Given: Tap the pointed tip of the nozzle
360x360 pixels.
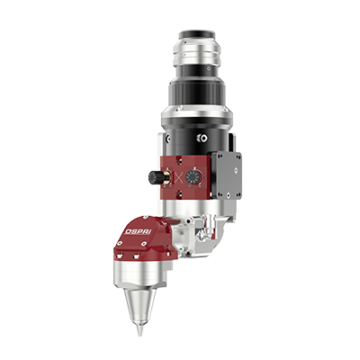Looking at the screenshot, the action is [x=139, y=336].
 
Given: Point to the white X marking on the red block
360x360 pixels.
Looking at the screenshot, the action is [x=178, y=177].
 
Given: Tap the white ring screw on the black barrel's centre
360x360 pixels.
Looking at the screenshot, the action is [x=202, y=138].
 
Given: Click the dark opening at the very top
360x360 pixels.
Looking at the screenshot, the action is [x=197, y=32].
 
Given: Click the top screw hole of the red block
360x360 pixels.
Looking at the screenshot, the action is [x=180, y=160].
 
